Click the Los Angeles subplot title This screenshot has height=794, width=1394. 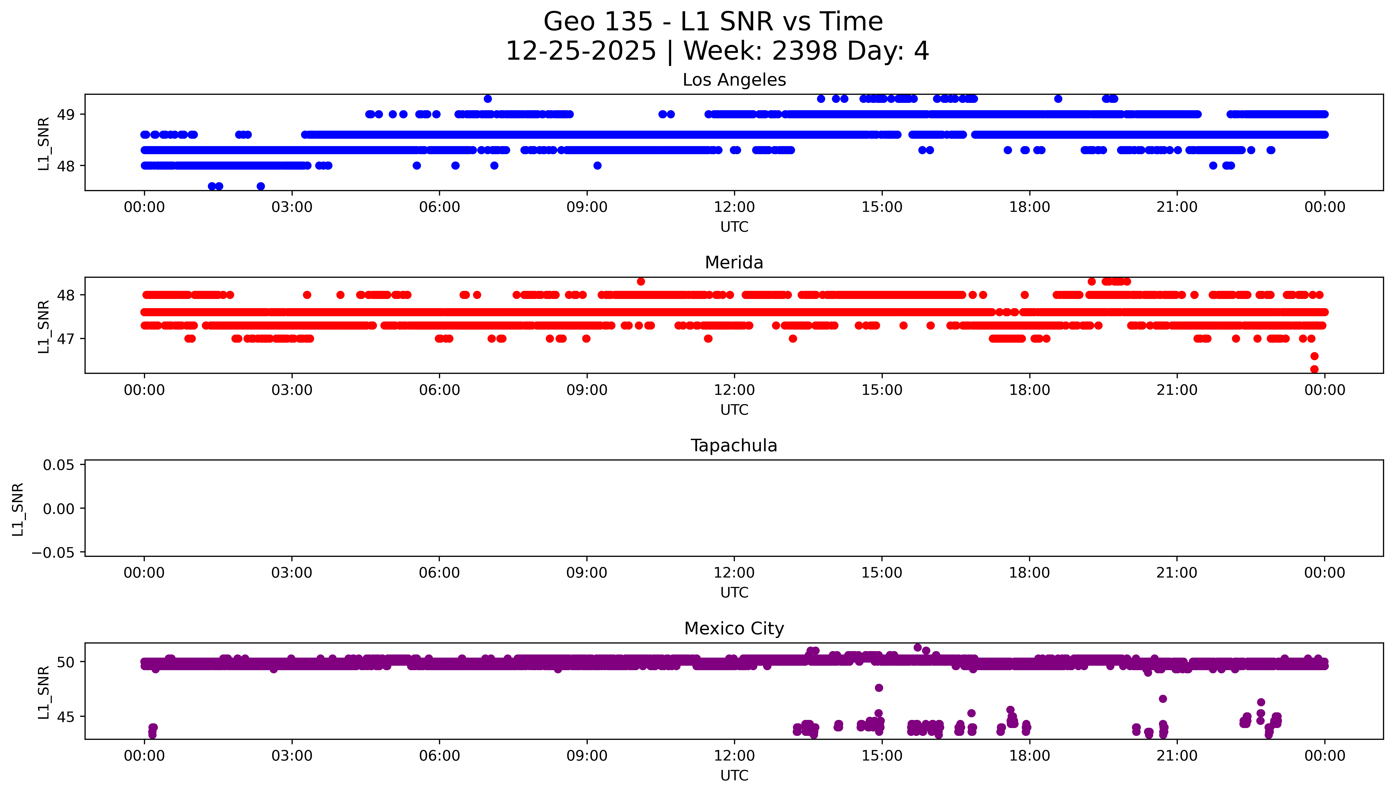point(734,80)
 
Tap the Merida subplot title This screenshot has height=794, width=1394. point(734,263)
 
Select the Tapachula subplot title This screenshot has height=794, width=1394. point(734,446)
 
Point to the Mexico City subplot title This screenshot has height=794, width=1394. point(734,629)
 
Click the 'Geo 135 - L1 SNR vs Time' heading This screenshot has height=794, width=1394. point(713,22)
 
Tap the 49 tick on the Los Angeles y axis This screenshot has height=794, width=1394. point(66,114)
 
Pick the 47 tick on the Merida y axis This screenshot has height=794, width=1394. point(66,339)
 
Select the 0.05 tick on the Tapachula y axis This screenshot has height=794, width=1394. point(59,465)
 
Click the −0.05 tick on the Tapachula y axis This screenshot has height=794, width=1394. point(53,553)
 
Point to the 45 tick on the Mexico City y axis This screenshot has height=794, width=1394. point(66,717)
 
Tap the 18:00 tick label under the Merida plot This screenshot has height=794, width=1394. point(1029,390)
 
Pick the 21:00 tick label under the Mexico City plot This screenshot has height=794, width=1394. point(1176,756)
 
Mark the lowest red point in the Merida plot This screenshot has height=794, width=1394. point(1314,369)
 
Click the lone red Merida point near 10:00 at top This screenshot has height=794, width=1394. point(641,281)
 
